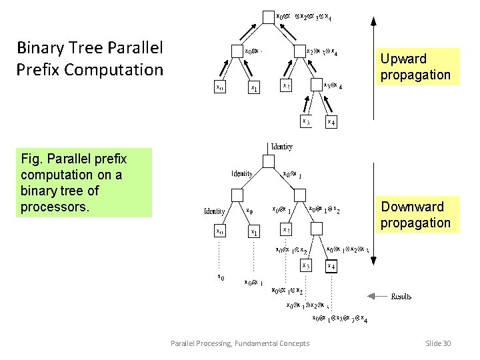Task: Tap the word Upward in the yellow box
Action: [x=403, y=59]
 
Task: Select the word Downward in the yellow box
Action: [x=411, y=207]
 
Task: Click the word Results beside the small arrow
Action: [x=401, y=296]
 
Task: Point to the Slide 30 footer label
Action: [x=437, y=343]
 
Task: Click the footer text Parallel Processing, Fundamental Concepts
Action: [x=240, y=343]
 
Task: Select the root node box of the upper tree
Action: [x=269, y=15]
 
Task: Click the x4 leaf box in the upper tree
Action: [x=331, y=122]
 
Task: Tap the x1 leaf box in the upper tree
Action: [x=253, y=87]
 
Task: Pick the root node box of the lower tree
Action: [x=269, y=161]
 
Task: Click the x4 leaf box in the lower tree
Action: [x=331, y=267]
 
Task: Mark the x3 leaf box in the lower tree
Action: [x=305, y=266]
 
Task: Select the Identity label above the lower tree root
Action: [x=281, y=147]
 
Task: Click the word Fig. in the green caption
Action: [x=32, y=159]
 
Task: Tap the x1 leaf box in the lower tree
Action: [x=253, y=232]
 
